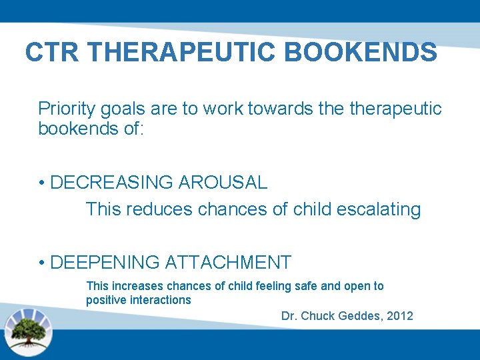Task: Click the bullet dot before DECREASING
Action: [x=41, y=183]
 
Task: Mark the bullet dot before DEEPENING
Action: [x=41, y=263]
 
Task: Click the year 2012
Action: [x=399, y=316]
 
